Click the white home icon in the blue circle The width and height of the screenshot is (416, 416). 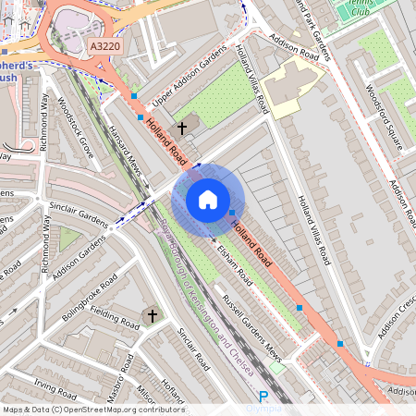pos(208,199)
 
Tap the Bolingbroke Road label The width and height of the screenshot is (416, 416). pos(77,293)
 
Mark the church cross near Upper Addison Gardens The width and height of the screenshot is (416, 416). pos(182,127)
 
